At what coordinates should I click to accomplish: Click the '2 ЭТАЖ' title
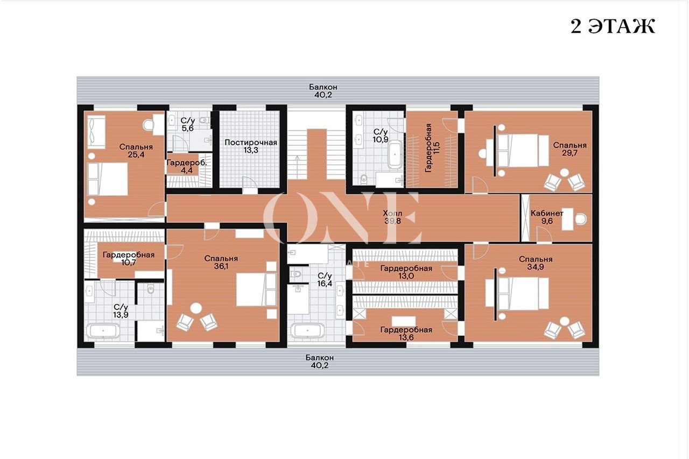[613, 26]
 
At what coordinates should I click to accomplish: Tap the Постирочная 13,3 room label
[251, 146]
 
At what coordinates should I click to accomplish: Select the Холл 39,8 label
[392, 217]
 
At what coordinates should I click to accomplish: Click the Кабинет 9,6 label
[547, 217]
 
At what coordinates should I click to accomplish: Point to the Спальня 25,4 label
[136, 151]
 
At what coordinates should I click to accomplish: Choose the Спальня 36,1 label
[221, 262]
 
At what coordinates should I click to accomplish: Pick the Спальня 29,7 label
[570, 149]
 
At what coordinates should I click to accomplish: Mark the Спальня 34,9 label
[536, 263]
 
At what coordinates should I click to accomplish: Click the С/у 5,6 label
[188, 124]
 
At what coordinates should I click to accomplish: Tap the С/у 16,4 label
[325, 279]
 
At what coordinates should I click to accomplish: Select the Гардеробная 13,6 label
[406, 334]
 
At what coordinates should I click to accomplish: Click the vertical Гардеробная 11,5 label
[432, 148]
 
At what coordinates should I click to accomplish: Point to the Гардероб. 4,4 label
[187, 166]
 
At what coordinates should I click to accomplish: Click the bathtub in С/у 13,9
[103, 331]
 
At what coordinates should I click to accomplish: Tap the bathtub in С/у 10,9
[395, 154]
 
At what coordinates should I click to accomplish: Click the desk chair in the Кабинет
[581, 219]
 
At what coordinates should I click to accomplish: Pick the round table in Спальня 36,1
[196, 308]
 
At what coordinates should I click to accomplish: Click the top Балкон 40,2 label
[323, 91]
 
